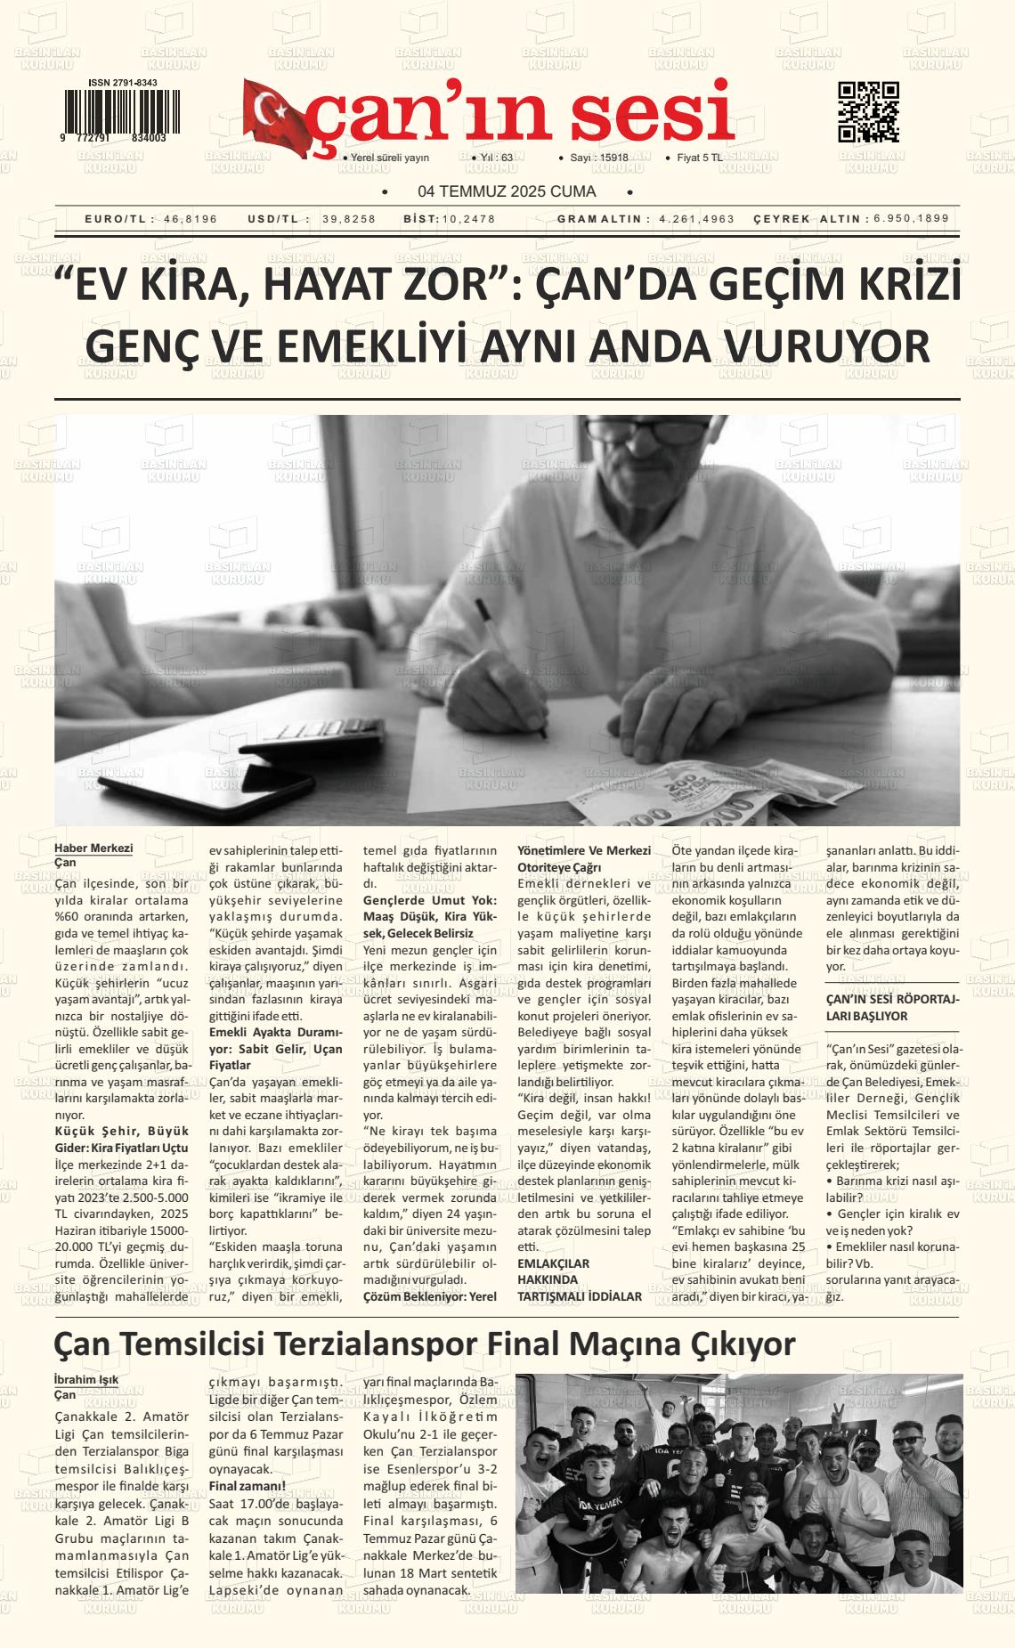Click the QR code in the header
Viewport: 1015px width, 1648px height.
click(x=868, y=111)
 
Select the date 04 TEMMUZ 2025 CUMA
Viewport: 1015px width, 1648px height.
click(x=507, y=191)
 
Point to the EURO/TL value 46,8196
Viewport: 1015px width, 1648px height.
click(x=191, y=219)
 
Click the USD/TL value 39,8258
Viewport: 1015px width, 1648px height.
click(x=349, y=219)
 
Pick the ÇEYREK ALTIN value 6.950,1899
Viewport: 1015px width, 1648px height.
click(x=911, y=218)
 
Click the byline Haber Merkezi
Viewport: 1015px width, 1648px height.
click(x=93, y=848)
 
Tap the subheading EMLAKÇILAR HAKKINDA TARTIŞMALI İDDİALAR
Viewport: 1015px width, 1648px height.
click(x=580, y=1280)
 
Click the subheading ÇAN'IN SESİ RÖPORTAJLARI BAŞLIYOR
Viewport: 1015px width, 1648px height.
click(x=893, y=1007)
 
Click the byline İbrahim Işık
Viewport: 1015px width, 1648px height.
click(x=86, y=1380)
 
